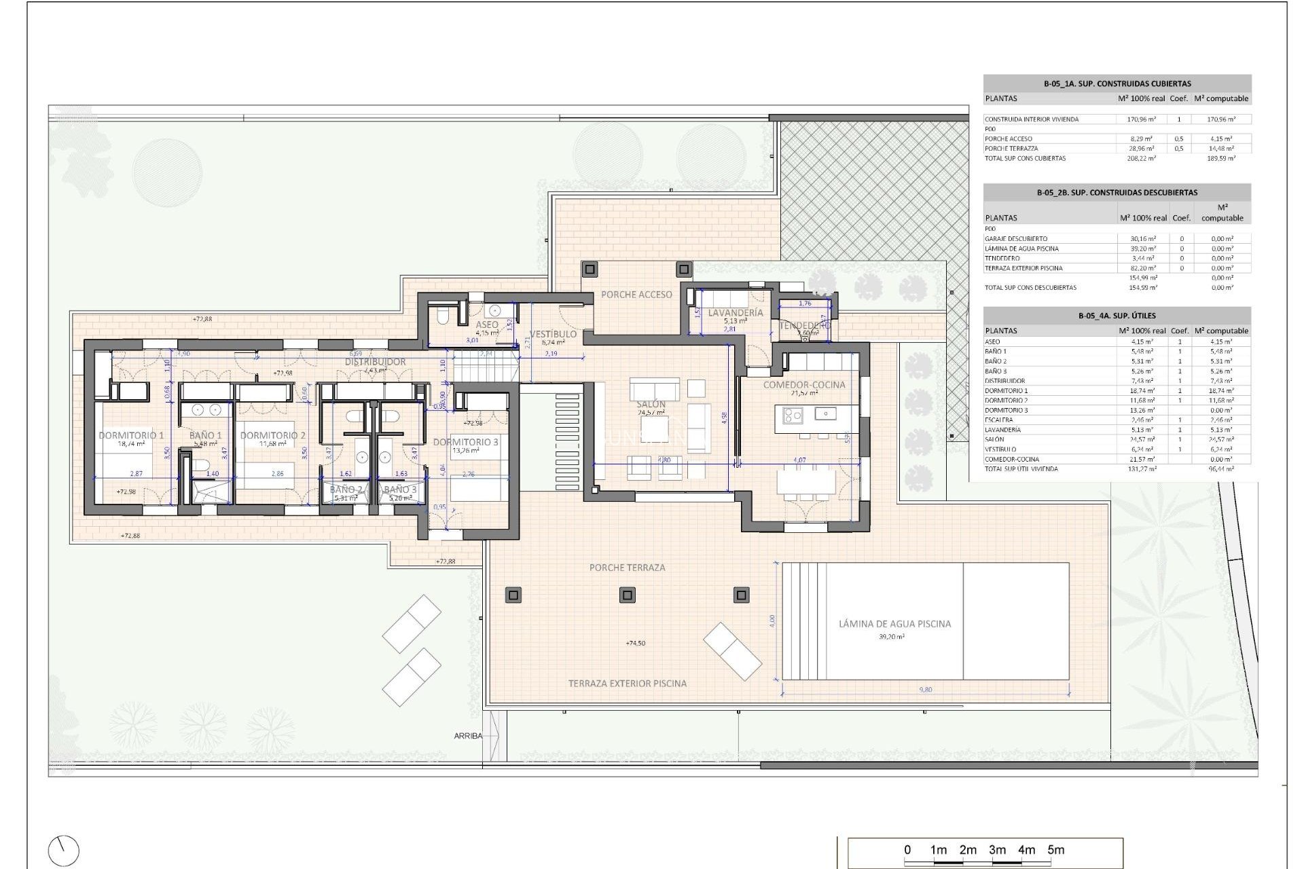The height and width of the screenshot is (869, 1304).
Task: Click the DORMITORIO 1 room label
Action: click(131, 435)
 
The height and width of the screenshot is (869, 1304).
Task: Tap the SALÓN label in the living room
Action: click(651, 404)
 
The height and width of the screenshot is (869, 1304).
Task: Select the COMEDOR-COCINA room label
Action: click(804, 384)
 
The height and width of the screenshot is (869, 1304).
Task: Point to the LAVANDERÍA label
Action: click(736, 313)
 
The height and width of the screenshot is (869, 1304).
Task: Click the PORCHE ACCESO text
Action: click(636, 295)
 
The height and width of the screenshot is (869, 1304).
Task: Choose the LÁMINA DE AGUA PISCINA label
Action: click(894, 624)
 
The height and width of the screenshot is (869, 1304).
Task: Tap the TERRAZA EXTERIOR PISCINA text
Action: click(627, 684)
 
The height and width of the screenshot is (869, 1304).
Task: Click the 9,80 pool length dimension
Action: click(925, 690)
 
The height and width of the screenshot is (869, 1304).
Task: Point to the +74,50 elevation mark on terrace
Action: click(635, 643)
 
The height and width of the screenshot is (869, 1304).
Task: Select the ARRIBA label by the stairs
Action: click(468, 736)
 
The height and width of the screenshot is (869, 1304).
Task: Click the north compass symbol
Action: click(64, 851)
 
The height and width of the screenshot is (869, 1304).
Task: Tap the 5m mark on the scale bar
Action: click(1055, 850)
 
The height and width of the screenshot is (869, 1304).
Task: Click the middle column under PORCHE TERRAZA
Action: click(627, 595)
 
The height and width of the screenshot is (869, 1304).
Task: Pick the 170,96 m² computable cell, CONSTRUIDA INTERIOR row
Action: click(1220, 119)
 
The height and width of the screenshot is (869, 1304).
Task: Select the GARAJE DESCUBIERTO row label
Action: click(1015, 239)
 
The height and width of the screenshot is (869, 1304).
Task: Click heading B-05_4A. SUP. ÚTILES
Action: click(1117, 316)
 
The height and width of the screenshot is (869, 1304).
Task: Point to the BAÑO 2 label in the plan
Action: click(346, 489)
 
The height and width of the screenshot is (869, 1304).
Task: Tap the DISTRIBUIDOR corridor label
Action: click(375, 362)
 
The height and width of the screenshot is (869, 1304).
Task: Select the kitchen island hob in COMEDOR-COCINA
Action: click(793, 414)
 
